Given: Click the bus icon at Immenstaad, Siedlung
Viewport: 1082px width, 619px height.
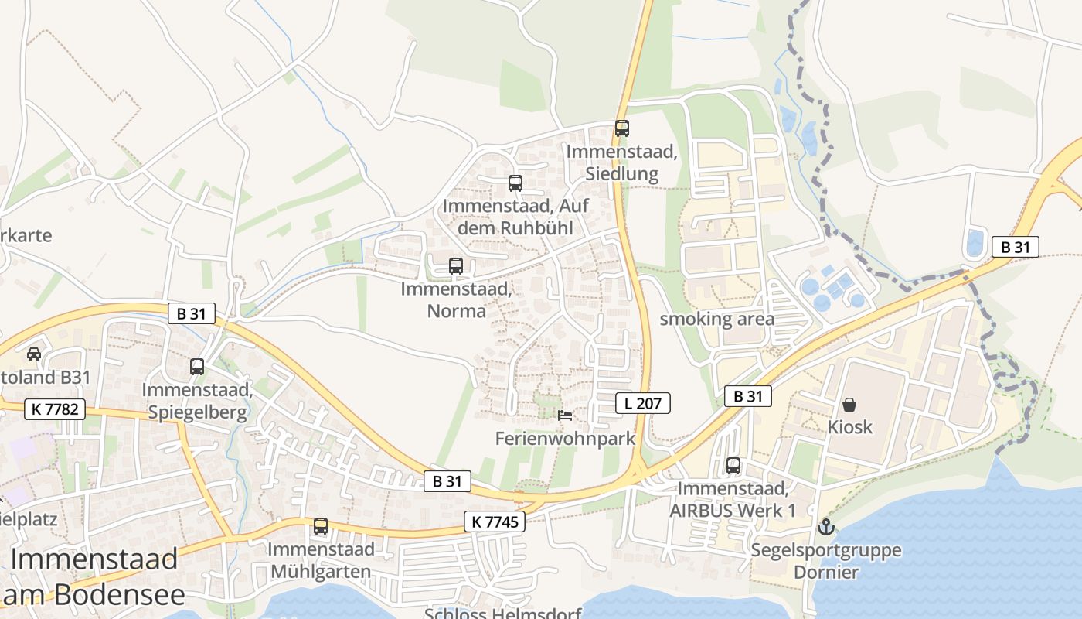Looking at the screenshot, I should tap(622, 128).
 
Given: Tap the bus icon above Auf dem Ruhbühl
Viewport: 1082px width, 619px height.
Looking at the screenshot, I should tap(515, 183).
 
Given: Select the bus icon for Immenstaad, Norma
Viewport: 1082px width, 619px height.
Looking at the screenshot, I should tap(456, 266).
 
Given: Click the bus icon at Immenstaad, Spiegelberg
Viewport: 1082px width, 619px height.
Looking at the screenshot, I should tap(197, 366).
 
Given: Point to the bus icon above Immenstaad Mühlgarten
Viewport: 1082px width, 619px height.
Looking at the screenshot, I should tap(321, 526).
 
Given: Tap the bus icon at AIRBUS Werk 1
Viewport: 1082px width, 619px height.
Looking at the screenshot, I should tap(733, 466).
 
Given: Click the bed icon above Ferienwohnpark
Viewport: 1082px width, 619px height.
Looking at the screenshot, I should tap(565, 416).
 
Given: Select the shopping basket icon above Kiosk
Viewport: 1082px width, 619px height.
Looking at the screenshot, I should tap(849, 405).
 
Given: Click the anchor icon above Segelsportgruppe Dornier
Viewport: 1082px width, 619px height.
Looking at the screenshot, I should tap(826, 528).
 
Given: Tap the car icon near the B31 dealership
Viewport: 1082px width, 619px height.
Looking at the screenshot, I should tap(34, 354).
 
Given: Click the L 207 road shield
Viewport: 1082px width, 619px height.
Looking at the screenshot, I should tap(643, 402).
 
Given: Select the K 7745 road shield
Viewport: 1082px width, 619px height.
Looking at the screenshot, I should tap(495, 522).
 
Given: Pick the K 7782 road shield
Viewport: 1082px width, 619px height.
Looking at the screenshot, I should tap(55, 409).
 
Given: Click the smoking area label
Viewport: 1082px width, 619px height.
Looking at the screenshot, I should tap(717, 319).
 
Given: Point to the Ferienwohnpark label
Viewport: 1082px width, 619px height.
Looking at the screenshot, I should tap(565, 439).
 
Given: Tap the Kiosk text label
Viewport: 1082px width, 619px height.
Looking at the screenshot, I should tap(850, 426).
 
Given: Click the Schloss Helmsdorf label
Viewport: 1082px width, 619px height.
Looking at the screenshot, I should tap(503, 614).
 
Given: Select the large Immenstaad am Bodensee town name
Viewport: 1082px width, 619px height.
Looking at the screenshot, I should tap(94, 576).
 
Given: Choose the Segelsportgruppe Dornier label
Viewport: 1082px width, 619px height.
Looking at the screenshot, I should tap(826, 562).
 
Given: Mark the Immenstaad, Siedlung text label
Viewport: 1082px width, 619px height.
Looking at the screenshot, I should tap(622, 162).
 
